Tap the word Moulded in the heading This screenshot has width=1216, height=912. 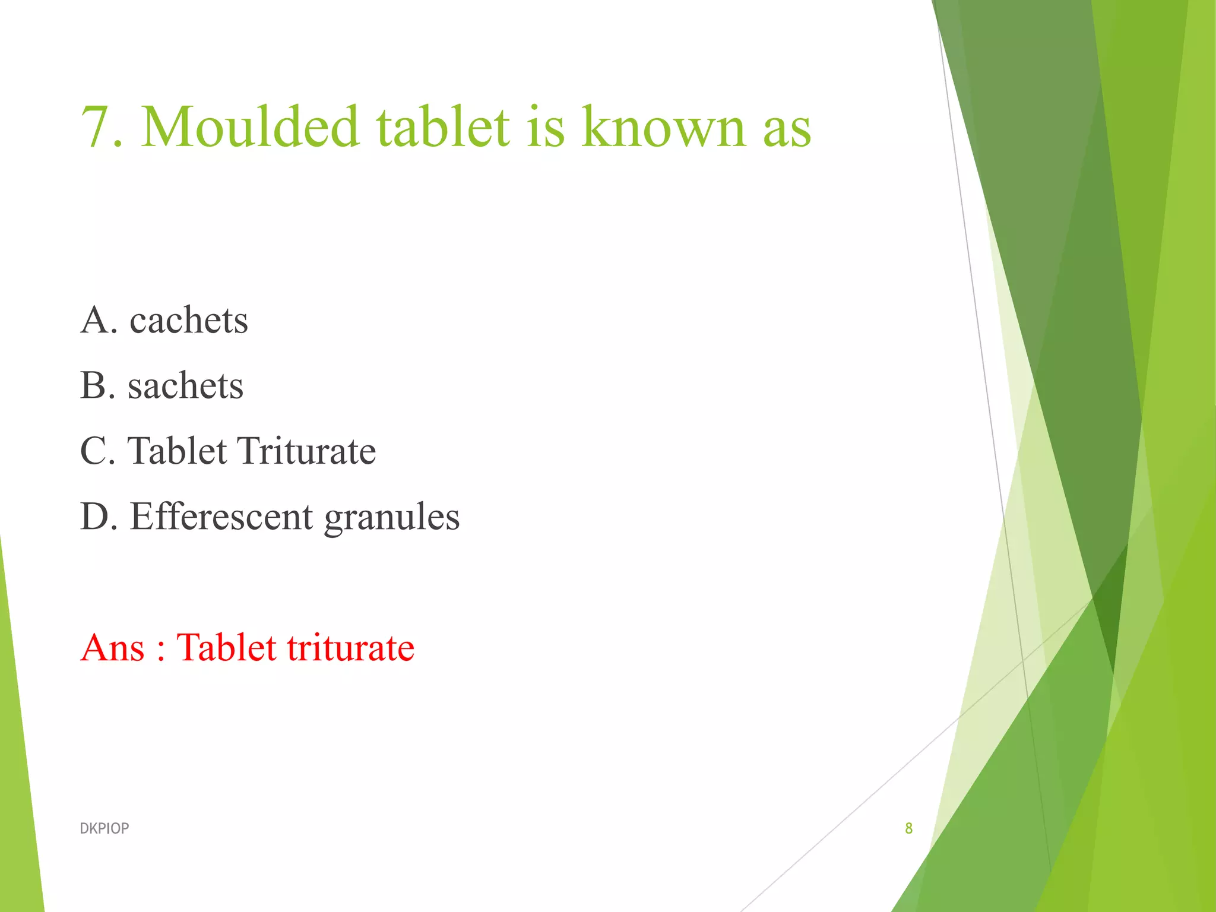click(250, 127)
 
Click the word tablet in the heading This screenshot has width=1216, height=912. click(443, 127)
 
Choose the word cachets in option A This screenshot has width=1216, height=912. click(189, 321)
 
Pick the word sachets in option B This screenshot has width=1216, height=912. click(185, 386)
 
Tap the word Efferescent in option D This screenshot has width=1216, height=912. click(221, 517)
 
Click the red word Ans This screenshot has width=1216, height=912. click(113, 647)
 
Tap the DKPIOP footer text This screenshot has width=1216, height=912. click(104, 828)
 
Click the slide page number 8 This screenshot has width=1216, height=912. click(908, 828)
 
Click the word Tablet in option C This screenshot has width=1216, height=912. click(177, 451)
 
